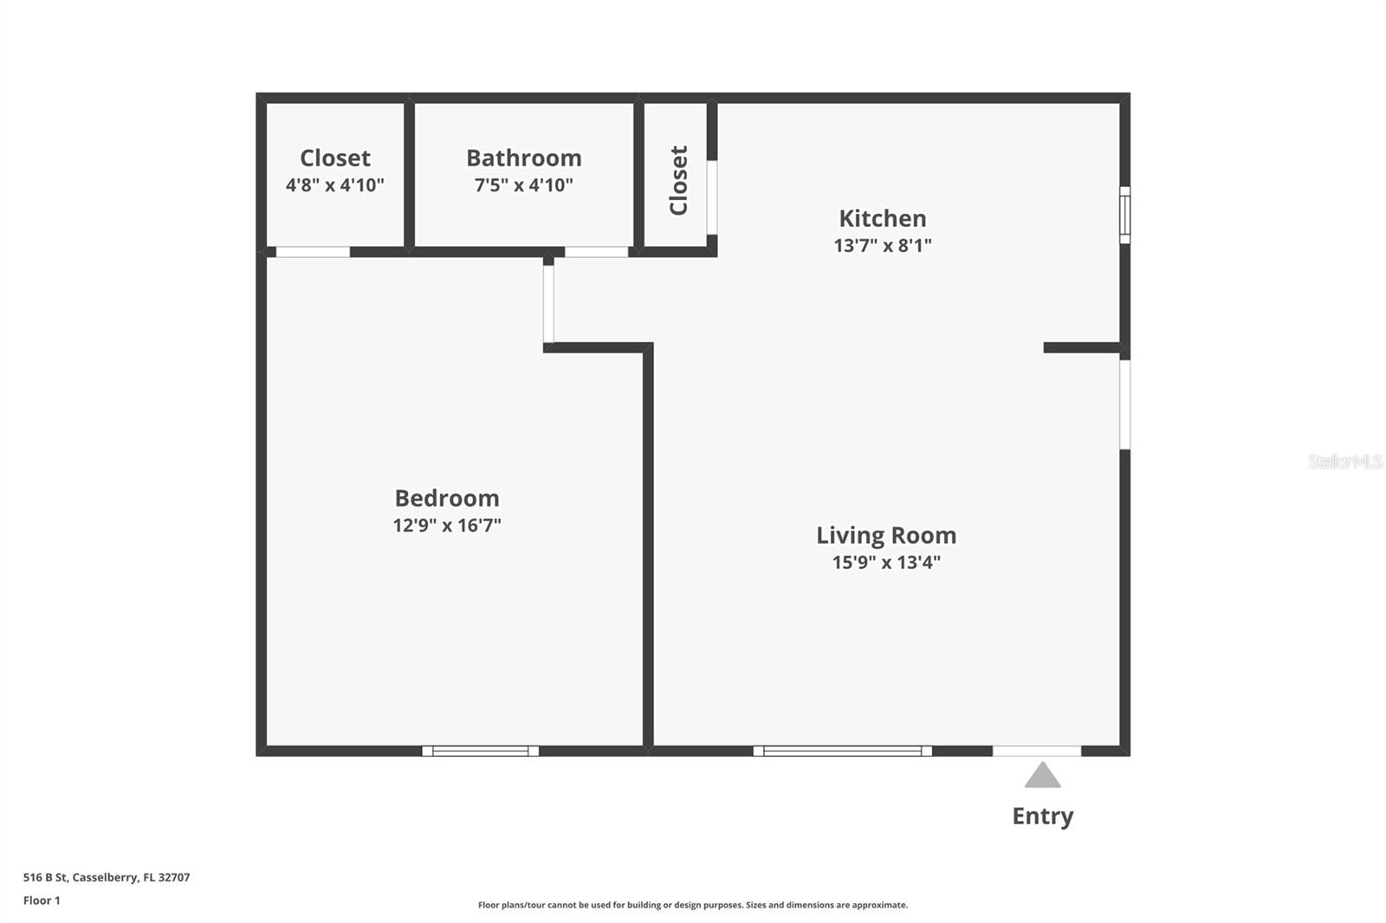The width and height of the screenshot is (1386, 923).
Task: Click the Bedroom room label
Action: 447,498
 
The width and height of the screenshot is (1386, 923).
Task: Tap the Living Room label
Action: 886,535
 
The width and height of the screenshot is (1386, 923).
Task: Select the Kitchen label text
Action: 882,218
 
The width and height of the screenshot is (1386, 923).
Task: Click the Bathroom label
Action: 523,158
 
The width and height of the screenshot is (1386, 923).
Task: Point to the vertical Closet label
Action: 678,180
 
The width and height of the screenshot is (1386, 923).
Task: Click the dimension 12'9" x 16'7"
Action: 447,526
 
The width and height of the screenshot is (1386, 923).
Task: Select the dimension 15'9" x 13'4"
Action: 886,563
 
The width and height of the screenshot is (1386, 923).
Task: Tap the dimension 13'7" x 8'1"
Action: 882,246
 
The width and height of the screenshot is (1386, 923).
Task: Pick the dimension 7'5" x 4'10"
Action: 523,185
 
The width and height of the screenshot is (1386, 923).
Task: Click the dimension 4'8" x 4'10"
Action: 334,185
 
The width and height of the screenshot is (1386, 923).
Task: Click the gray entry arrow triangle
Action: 1042,776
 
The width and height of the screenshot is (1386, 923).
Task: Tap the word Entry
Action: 1042,816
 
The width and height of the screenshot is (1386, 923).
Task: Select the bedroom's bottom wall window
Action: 480,751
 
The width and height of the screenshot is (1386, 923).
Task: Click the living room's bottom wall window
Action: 842,751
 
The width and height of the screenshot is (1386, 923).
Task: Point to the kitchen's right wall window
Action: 1124,215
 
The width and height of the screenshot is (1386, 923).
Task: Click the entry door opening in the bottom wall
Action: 1036,751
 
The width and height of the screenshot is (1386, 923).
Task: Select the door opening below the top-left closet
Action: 313,252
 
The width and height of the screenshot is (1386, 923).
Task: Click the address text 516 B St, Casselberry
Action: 107,877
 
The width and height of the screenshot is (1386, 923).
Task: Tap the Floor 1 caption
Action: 42,900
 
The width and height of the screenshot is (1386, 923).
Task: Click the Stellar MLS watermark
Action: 1344,461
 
